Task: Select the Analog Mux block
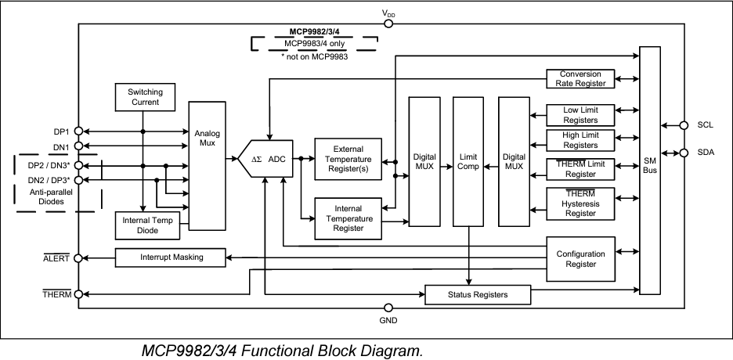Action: [x=207, y=164]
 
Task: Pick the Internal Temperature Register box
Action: [x=348, y=217]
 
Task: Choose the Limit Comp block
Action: [x=468, y=160]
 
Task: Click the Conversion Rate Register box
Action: [x=580, y=78]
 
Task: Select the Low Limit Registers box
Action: [x=580, y=115]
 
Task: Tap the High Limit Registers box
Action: [x=580, y=140]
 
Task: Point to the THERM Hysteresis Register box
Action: [x=580, y=203]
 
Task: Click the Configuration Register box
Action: [x=580, y=259]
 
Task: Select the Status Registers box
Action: [x=477, y=294]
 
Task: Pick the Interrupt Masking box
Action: [x=171, y=257]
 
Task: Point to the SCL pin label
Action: [x=706, y=124]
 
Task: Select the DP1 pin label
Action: [x=61, y=131]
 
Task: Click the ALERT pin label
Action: [x=57, y=257]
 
